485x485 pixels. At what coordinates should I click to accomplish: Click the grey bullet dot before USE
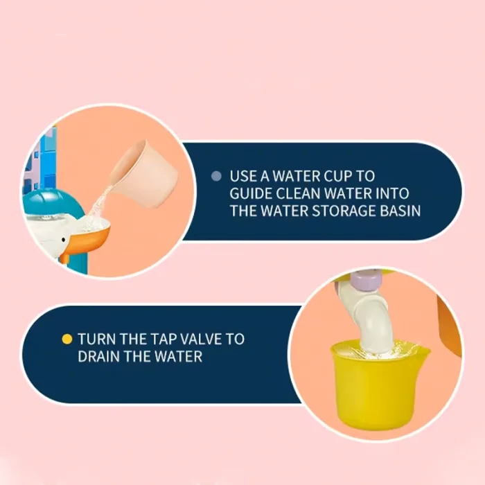216,176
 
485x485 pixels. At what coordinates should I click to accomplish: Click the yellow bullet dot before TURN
67,339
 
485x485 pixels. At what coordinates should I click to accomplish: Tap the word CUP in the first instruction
338,176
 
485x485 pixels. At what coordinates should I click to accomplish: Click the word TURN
96,339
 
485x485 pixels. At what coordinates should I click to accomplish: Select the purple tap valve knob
367,280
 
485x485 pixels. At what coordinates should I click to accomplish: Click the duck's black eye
64,240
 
